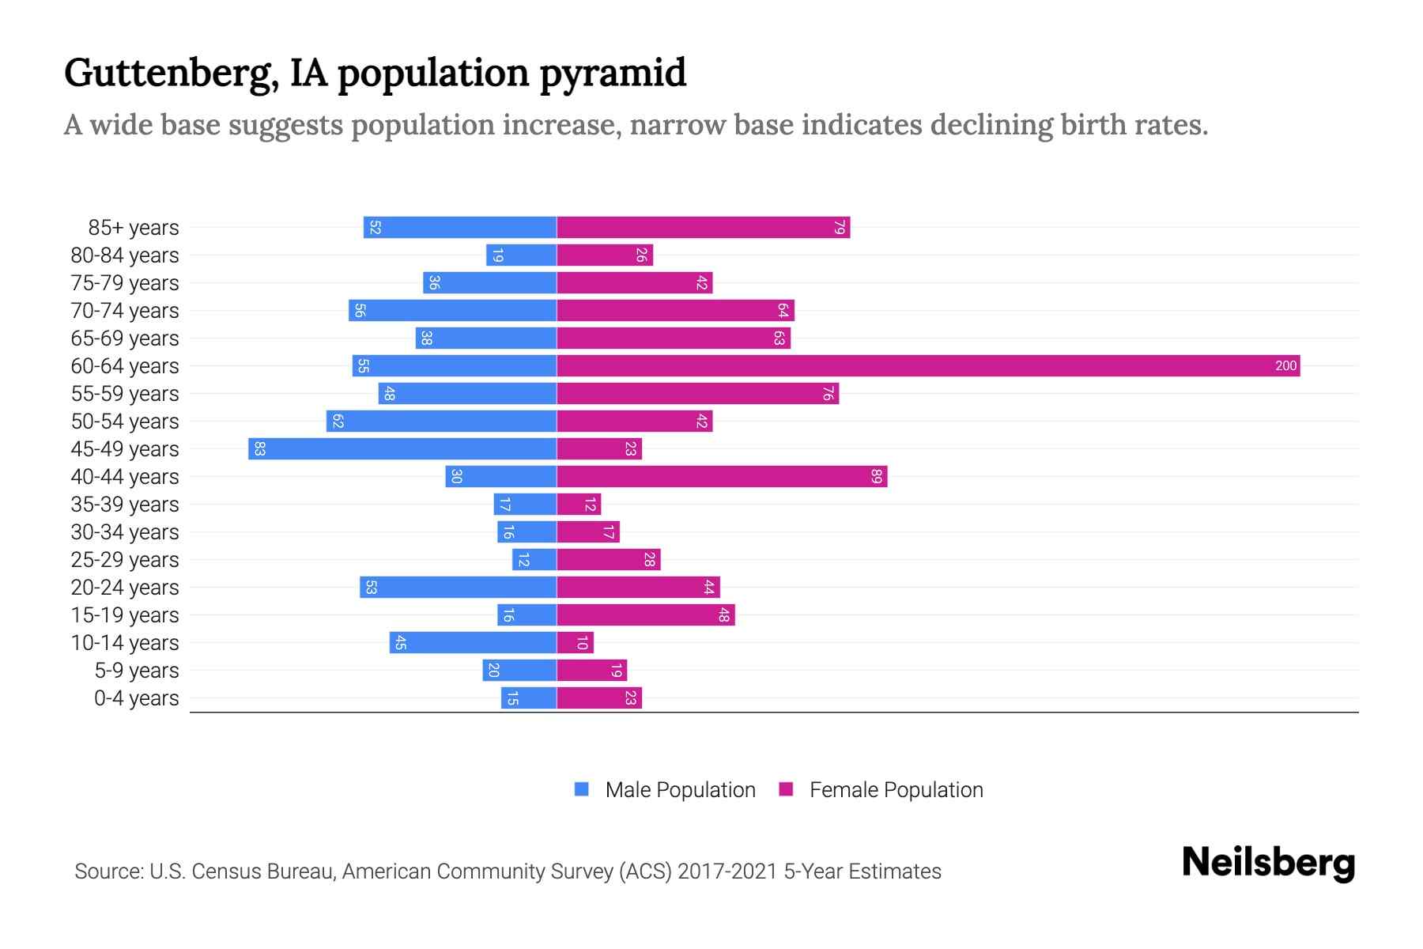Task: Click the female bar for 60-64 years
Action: coord(928,366)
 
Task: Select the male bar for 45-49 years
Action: coord(402,449)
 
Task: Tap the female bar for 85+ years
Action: coord(703,228)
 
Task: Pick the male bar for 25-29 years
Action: coord(534,560)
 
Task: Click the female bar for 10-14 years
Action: coord(575,643)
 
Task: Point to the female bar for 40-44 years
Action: coord(722,477)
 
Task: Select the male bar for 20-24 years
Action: coord(459,588)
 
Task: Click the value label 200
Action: coord(1285,366)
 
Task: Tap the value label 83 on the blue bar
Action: coord(259,449)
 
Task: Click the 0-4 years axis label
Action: coord(136,698)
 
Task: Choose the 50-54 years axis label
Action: coord(125,422)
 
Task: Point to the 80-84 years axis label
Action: coord(125,255)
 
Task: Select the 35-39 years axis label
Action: coord(125,505)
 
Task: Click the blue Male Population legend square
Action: coord(582,789)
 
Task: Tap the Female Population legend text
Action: coord(896,790)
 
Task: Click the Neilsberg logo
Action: coord(1268,863)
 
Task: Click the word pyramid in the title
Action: coord(613,73)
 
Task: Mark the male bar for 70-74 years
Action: coord(452,311)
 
